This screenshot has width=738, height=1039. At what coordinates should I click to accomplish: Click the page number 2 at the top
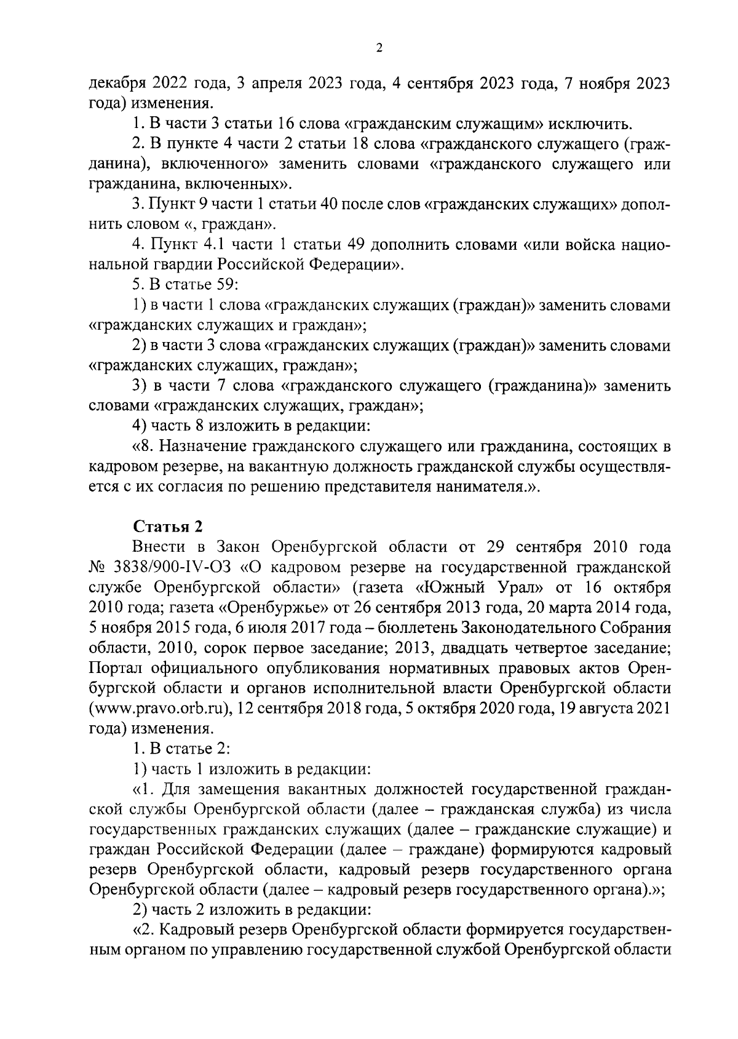coord(379,49)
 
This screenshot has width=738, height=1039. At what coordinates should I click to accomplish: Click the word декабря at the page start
coord(114,84)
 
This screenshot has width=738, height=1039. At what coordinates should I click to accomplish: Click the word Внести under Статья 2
coord(156,546)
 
